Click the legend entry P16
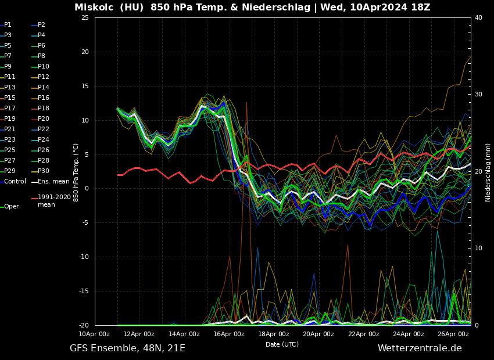[x=44, y=98]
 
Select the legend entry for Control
[x=15, y=182]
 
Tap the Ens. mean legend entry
[x=53, y=182]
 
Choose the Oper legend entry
[x=12, y=207]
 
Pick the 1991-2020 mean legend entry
[x=54, y=201]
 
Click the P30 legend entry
[x=44, y=171]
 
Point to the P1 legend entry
[x=8, y=25]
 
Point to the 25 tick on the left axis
[x=85, y=18]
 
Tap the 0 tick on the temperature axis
[x=87, y=189]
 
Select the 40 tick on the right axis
[x=478, y=18]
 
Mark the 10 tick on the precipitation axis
[x=478, y=249]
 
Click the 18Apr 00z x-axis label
[x=273, y=334]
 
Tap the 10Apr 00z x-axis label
[x=94, y=334]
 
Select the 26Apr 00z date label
[x=453, y=334]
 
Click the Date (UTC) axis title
[x=282, y=344]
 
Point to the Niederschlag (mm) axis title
[x=488, y=172]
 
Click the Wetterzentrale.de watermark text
[x=420, y=348]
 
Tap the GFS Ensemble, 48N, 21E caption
[x=127, y=348]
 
